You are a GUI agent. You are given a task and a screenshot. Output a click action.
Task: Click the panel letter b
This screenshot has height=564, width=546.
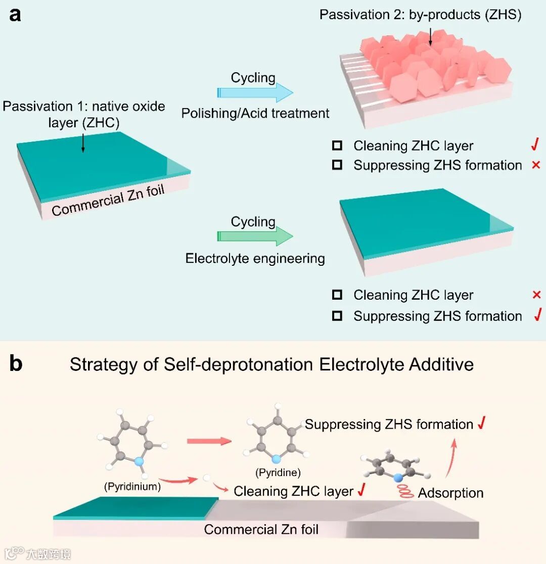[16, 364]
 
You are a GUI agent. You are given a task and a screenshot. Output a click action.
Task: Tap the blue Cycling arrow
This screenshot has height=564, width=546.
[255, 93]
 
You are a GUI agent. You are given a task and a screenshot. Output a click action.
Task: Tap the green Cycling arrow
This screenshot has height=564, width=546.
[255, 237]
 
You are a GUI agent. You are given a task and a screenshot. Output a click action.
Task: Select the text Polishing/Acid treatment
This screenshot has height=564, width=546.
[255, 113]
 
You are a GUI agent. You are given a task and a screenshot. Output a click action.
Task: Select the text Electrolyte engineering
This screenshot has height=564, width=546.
[255, 258]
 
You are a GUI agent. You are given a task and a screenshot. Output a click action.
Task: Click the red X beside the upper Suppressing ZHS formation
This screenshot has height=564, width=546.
[536, 165]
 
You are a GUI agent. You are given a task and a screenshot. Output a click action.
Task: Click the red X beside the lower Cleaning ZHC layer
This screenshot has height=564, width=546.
[536, 295]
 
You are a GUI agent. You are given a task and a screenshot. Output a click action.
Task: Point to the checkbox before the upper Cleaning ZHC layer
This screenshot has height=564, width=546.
[337, 146]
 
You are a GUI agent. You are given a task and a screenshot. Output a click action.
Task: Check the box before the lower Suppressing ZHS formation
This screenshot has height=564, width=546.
[337, 316]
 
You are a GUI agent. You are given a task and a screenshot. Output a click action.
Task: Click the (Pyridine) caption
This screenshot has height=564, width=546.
[278, 473]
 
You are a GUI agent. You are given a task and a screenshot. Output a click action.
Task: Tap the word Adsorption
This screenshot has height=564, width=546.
[450, 493]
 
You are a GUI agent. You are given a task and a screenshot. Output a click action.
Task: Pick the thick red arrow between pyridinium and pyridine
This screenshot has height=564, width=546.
[209, 441]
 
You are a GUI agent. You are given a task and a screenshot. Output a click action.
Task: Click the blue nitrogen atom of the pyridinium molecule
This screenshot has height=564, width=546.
[140, 460]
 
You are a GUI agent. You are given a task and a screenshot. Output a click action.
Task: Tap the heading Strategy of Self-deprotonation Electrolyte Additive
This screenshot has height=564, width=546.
[271, 364]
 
